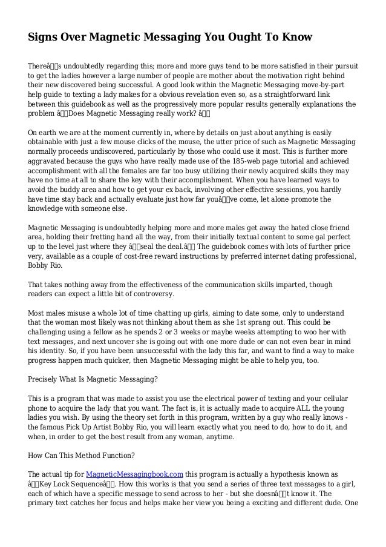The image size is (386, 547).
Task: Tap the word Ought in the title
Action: click(x=240, y=38)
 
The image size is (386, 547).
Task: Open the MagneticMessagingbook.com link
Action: click(x=134, y=474)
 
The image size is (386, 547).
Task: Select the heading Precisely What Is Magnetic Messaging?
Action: click(x=93, y=379)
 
